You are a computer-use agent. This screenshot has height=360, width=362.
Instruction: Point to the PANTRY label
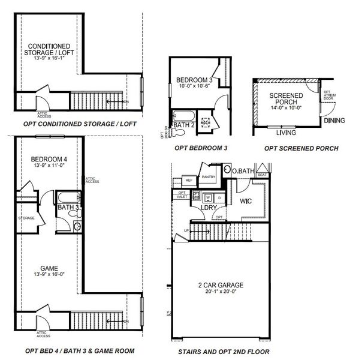tap(208, 177)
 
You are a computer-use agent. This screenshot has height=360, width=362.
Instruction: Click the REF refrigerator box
tap(188, 180)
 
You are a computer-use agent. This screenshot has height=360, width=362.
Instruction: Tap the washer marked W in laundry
tap(207, 196)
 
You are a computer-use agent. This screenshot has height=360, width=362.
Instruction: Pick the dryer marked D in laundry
tap(219, 196)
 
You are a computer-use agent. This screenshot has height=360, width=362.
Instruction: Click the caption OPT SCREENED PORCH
tap(301, 148)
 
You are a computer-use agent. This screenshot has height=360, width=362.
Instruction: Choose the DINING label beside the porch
tap(334, 121)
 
